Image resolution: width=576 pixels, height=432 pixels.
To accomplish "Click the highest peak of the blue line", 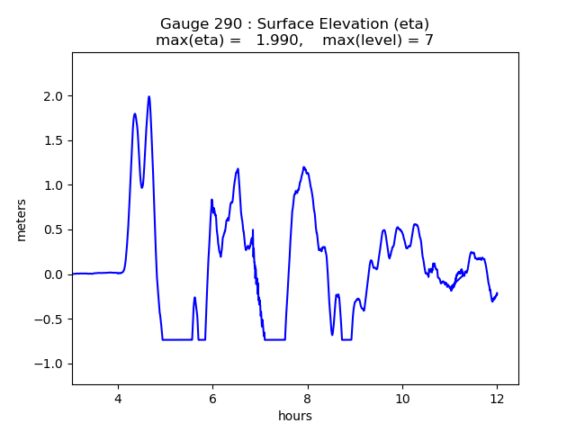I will click(x=149, y=97).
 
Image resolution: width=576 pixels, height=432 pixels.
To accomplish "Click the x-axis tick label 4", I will click(x=118, y=399).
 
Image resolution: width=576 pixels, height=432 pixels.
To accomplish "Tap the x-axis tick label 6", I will click(x=212, y=399).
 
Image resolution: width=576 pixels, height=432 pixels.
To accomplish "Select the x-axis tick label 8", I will click(x=308, y=399).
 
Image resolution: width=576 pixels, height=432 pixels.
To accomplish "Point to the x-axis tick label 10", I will click(x=402, y=399).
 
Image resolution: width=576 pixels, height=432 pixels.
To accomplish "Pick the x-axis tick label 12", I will click(x=497, y=399).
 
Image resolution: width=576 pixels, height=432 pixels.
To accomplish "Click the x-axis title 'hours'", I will click(x=295, y=416).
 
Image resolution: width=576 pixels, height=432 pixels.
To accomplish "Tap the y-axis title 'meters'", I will click(x=21, y=220).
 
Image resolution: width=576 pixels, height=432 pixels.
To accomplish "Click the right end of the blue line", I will click(x=497, y=293).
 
